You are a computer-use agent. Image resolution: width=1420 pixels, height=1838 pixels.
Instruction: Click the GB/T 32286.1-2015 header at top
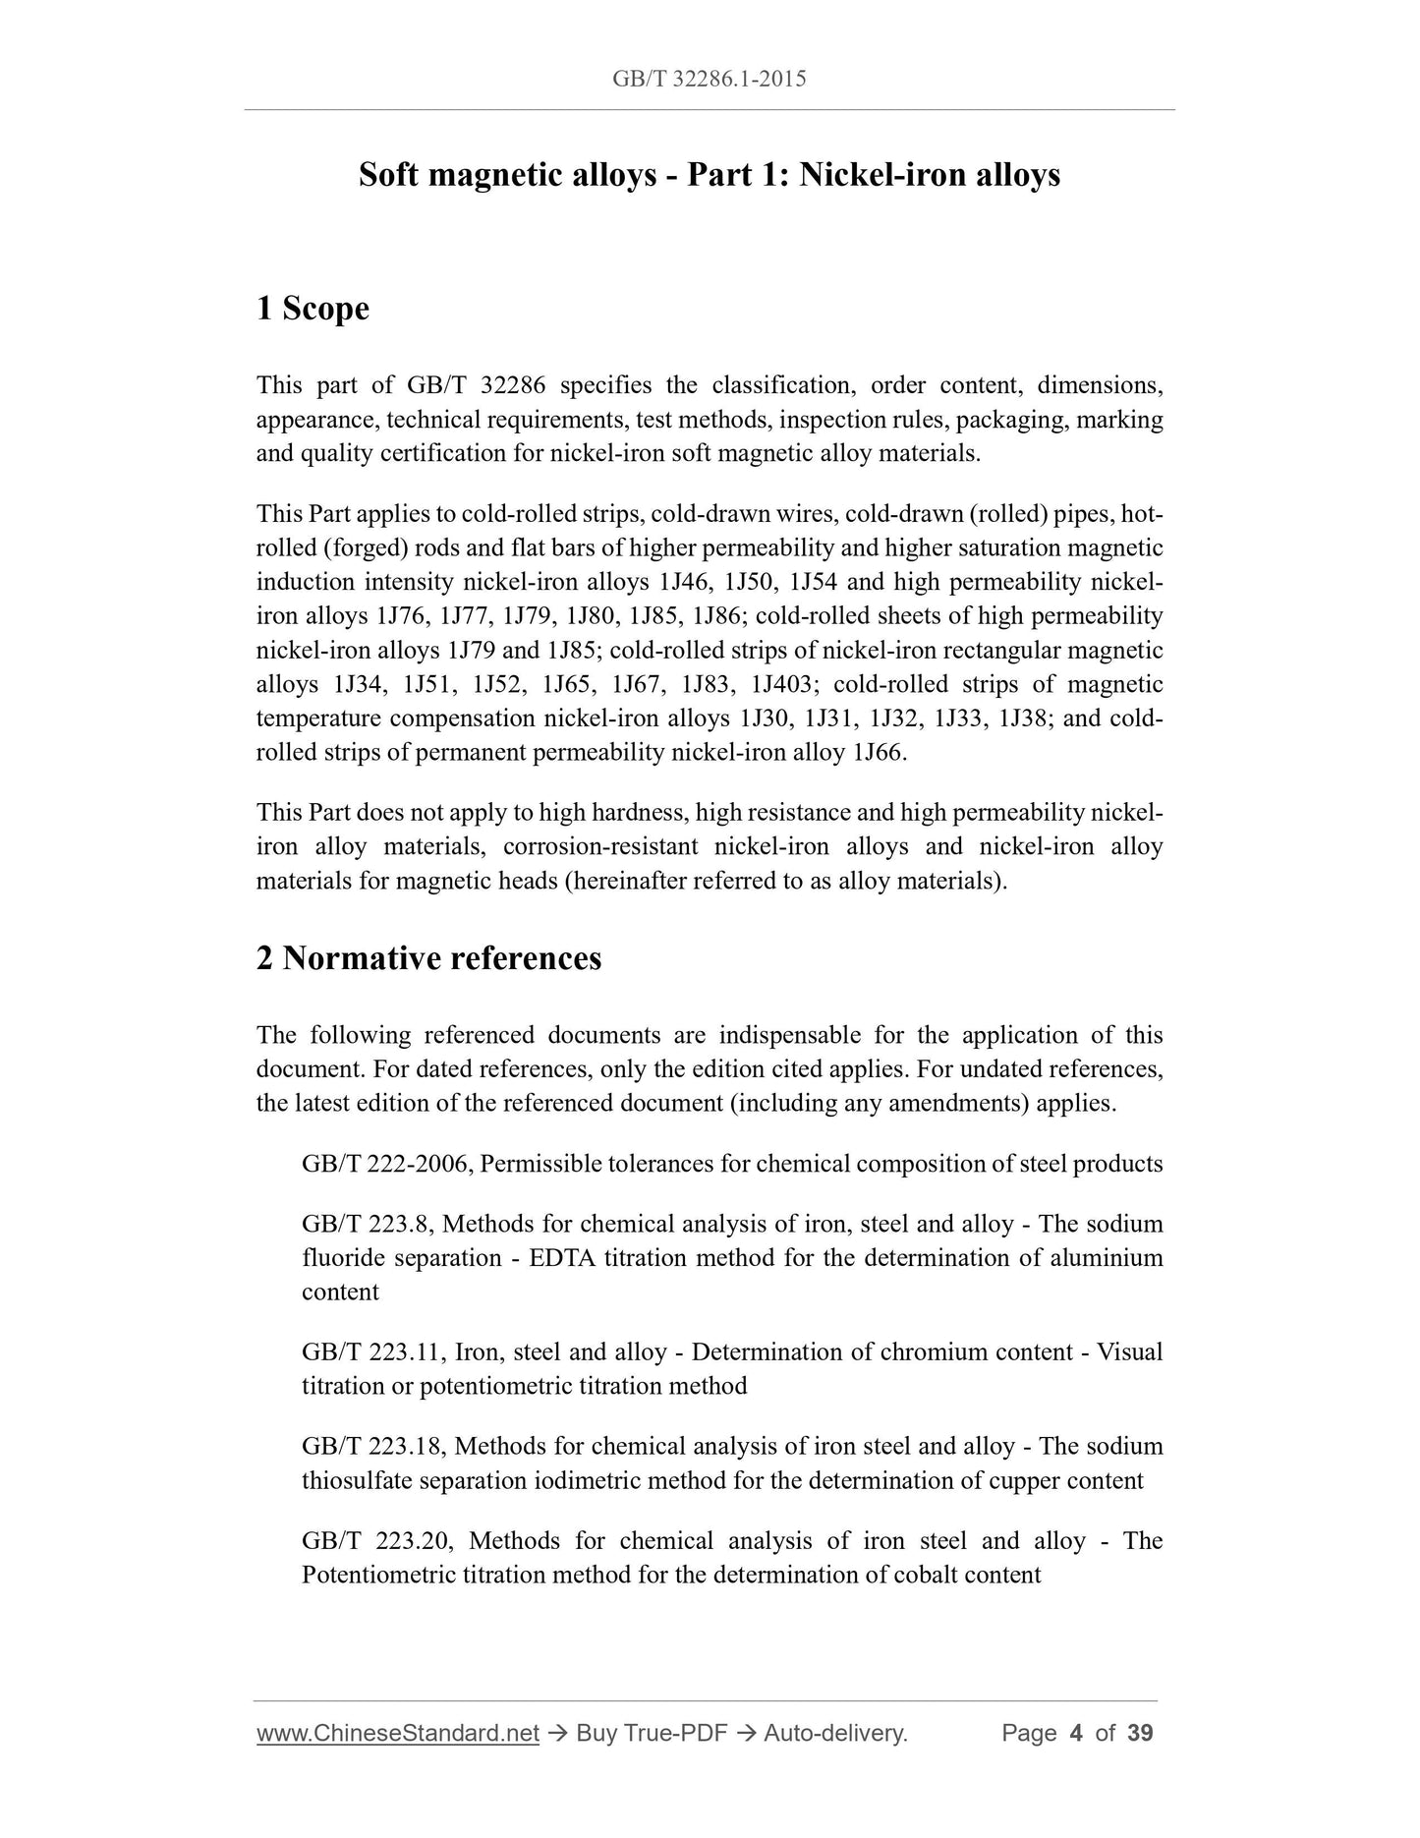point(709,79)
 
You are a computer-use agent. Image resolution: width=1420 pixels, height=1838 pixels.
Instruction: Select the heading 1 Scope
point(312,309)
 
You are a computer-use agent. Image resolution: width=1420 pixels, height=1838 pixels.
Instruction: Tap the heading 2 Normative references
point(428,957)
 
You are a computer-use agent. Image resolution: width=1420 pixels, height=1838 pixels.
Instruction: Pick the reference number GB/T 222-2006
point(388,1165)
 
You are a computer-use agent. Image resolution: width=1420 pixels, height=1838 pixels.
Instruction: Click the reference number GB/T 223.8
point(368,1225)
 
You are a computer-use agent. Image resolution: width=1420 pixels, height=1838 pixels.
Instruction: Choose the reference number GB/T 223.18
point(373,1447)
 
